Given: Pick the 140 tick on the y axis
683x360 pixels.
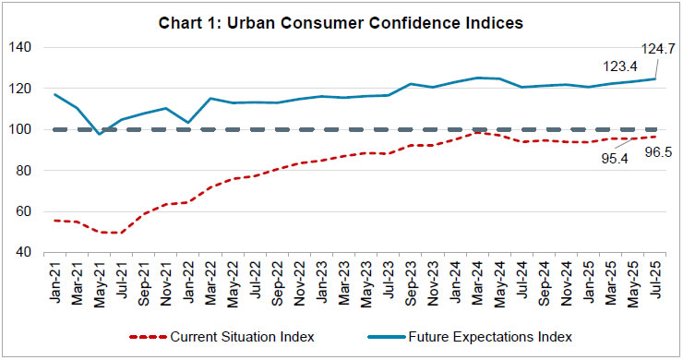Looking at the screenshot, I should (25, 48).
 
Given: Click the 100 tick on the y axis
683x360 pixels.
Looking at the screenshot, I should (25, 129).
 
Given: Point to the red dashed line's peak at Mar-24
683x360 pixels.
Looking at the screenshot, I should (476, 133).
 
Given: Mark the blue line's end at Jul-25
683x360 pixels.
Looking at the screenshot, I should (654, 78).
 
